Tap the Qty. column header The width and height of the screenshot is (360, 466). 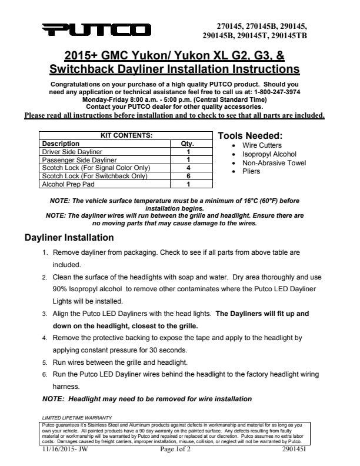click(x=187, y=144)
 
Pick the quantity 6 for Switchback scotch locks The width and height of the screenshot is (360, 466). click(x=187, y=176)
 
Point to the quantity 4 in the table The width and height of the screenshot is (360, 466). click(x=187, y=168)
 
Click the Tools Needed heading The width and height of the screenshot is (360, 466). click(x=250, y=136)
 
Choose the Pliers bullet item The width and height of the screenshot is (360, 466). click(x=251, y=171)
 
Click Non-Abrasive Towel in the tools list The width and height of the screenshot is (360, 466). click(x=274, y=163)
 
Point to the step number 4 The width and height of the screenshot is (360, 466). click(x=45, y=338)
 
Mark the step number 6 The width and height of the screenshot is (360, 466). click(x=45, y=374)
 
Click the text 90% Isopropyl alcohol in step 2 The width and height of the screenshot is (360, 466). click(x=88, y=289)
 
